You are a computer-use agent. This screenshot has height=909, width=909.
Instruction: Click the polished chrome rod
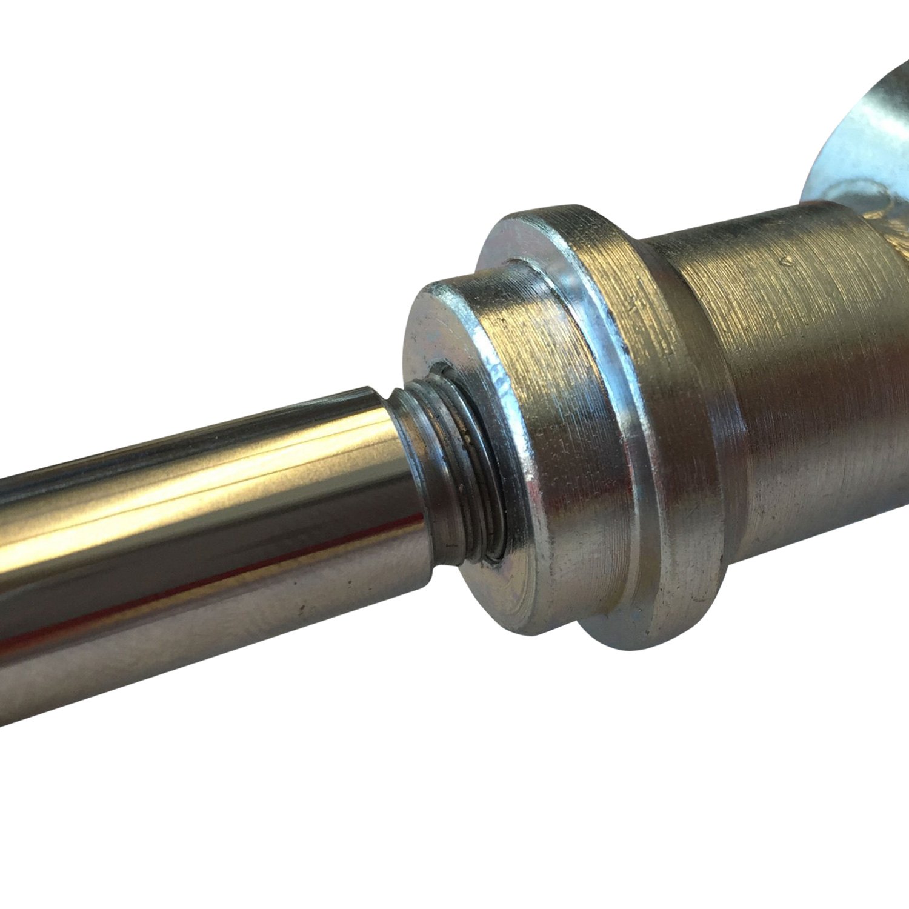182,533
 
